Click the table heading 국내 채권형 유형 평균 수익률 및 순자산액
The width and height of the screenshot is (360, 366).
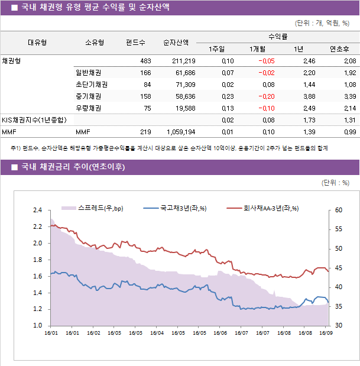pyautogui.click(x=95, y=8)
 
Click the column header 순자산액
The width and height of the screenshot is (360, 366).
pyautogui.click(x=176, y=43)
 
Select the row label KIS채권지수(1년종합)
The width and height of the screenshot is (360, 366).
pyautogui.click(x=34, y=120)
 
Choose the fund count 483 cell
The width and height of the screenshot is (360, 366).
pyautogui.click(x=145, y=61)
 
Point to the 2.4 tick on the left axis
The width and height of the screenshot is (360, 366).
pyautogui.click(x=37, y=210)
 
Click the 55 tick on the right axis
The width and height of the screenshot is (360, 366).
pyautogui.click(x=338, y=229)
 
